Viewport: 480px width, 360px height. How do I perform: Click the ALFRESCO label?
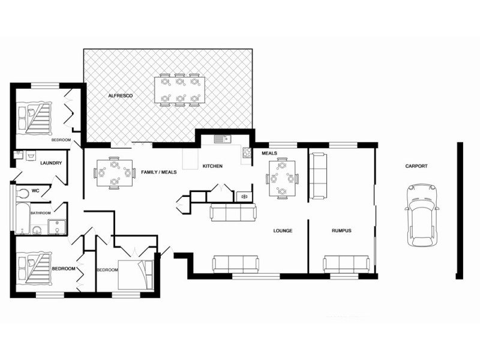click(120, 96)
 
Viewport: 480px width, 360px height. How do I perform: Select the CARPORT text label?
click(416, 166)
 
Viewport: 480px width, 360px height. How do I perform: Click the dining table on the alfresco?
click(179, 90)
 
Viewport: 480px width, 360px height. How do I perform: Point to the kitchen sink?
click(221, 140)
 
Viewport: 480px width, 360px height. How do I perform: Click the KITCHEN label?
click(212, 166)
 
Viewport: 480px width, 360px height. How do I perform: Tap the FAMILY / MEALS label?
click(159, 172)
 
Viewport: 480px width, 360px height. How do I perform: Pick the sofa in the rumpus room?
click(346, 264)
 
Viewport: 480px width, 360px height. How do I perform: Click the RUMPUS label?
click(341, 230)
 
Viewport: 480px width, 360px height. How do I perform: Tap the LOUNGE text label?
click(283, 230)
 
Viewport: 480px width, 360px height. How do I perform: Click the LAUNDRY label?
click(51, 163)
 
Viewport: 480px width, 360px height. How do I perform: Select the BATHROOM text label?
click(41, 212)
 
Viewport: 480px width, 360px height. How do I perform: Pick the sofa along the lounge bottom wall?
click(236, 264)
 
